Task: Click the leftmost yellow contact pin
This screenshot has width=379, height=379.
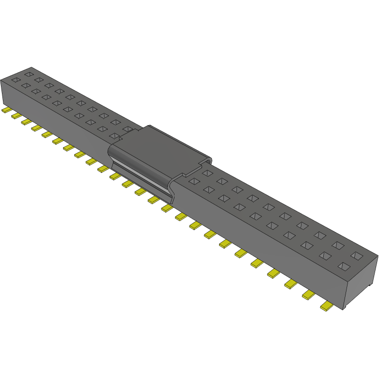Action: pyautogui.click(x=7, y=111)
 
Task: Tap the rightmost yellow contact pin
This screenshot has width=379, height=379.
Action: pyautogui.click(x=326, y=306)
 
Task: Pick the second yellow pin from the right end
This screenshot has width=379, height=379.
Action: pyautogui.click(x=309, y=294)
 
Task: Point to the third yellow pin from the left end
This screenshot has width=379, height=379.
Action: pyautogui.click(x=26, y=122)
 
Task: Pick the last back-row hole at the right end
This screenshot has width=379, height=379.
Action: pyautogui.click(x=357, y=255)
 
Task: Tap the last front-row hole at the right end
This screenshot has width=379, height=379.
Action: pyautogui.click(x=345, y=266)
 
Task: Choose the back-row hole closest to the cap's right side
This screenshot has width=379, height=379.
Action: pyautogui.click(x=207, y=173)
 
